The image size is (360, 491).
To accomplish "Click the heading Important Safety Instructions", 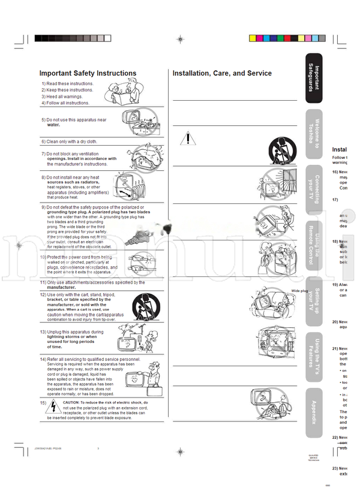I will click(88, 74).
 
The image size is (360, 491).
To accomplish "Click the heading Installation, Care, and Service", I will click(222, 74).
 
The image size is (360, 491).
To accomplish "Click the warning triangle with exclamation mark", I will click(188, 140).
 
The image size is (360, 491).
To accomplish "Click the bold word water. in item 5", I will click(53, 125).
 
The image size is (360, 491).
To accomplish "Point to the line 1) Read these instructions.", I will click(68, 83).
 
